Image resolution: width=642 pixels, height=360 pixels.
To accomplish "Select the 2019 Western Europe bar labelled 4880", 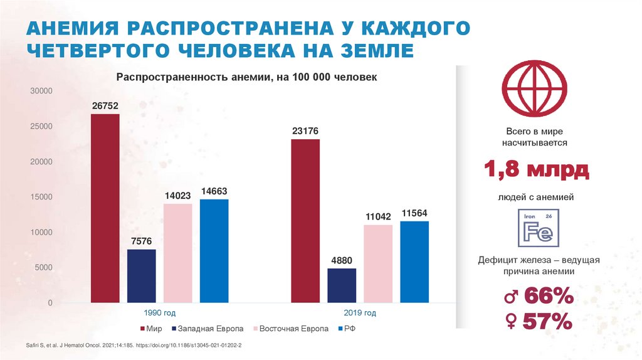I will [x=342, y=285].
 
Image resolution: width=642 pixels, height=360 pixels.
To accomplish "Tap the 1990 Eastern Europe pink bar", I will [x=177, y=253].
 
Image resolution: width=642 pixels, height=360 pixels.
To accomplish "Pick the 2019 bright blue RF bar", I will [x=414, y=262].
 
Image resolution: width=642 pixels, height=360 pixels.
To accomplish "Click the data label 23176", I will [x=305, y=131].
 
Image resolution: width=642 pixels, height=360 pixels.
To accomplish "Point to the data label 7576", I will [x=141, y=241].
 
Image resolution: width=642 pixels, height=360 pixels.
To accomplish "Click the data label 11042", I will [x=379, y=216].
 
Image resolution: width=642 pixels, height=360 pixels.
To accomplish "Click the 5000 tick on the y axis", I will [x=44, y=268].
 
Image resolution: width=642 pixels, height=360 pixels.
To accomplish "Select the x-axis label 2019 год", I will [x=360, y=313].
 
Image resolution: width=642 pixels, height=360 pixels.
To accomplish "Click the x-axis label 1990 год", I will [x=160, y=313].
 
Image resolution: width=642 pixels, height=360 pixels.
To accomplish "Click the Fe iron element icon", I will [x=534, y=228].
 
